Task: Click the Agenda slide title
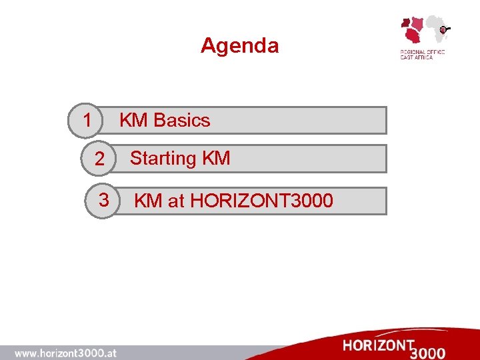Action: [239, 45]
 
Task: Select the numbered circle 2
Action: [99, 159]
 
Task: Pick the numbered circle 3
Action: [104, 199]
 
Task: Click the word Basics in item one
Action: [181, 121]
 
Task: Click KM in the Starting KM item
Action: [215, 159]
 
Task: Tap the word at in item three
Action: [176, 200]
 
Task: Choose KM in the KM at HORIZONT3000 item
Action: [149, 200]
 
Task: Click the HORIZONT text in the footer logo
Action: [378, 345]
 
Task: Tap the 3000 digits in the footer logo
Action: [429, 352]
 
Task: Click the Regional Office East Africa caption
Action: [422, 54]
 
